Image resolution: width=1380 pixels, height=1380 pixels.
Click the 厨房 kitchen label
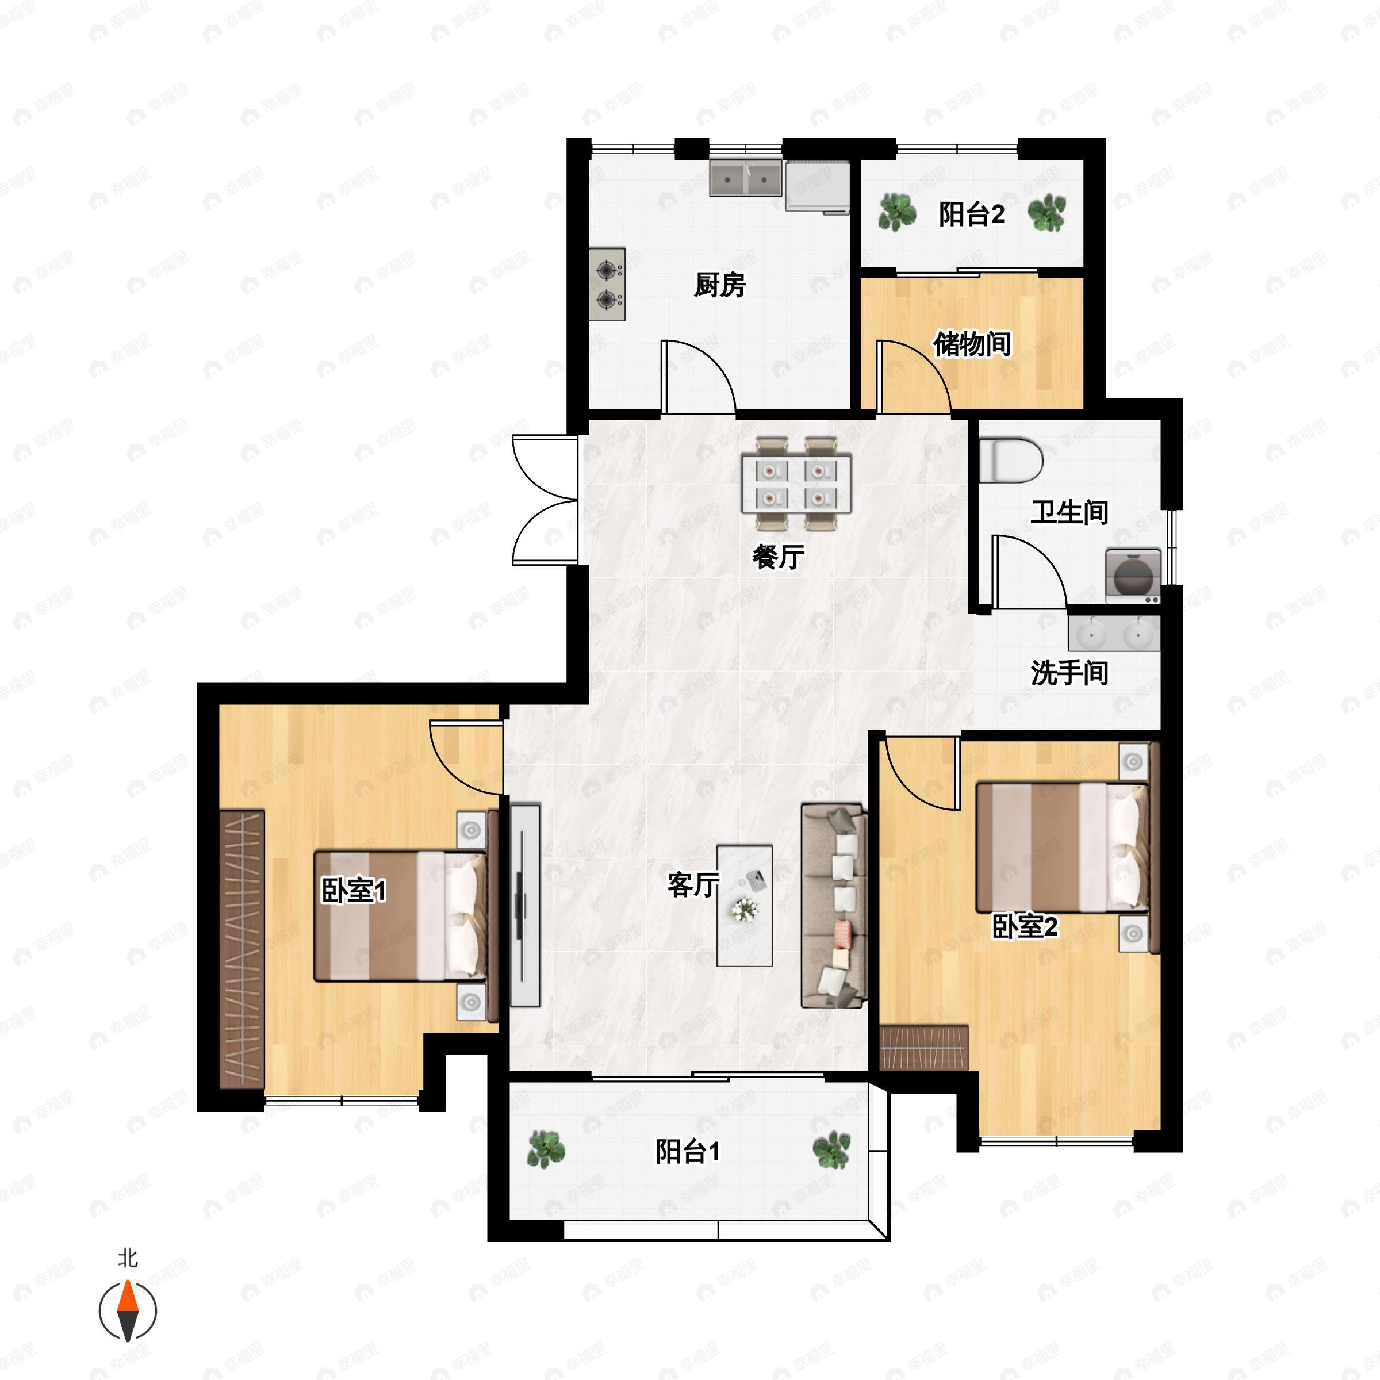click(719, 285)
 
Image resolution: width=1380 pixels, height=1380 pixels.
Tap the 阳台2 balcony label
click(971, 213)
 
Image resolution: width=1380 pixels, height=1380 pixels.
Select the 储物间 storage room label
click(972, 344)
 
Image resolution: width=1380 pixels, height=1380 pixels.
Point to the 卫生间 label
click(1068, 512)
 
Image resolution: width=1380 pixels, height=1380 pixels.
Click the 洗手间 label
click(1068, 672)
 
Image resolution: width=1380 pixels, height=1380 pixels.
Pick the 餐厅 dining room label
click(778, 557)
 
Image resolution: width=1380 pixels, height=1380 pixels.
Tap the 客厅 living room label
click(693, 885)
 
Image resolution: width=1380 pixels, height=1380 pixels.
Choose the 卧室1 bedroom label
click(354, 891)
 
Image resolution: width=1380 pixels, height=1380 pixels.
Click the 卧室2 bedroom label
click(1024, 926)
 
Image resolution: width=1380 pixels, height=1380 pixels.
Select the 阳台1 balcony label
click(688, 1151)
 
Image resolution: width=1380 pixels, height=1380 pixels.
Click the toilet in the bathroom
click(1011, 461)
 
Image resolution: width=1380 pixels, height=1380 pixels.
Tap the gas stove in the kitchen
click(607, 284)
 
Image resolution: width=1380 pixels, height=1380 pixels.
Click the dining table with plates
click(796, 484)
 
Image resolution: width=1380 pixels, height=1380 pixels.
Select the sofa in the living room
click(834, 905)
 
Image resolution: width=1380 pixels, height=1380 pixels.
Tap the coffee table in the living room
click(744, 905)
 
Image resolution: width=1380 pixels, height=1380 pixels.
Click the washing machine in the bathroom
click(1133, 572)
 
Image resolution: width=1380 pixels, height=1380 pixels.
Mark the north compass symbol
click(127, 1310)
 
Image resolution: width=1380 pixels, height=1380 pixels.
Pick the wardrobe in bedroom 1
click(241, 949)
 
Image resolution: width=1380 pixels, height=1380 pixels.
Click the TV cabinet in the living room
click(525, 905)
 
